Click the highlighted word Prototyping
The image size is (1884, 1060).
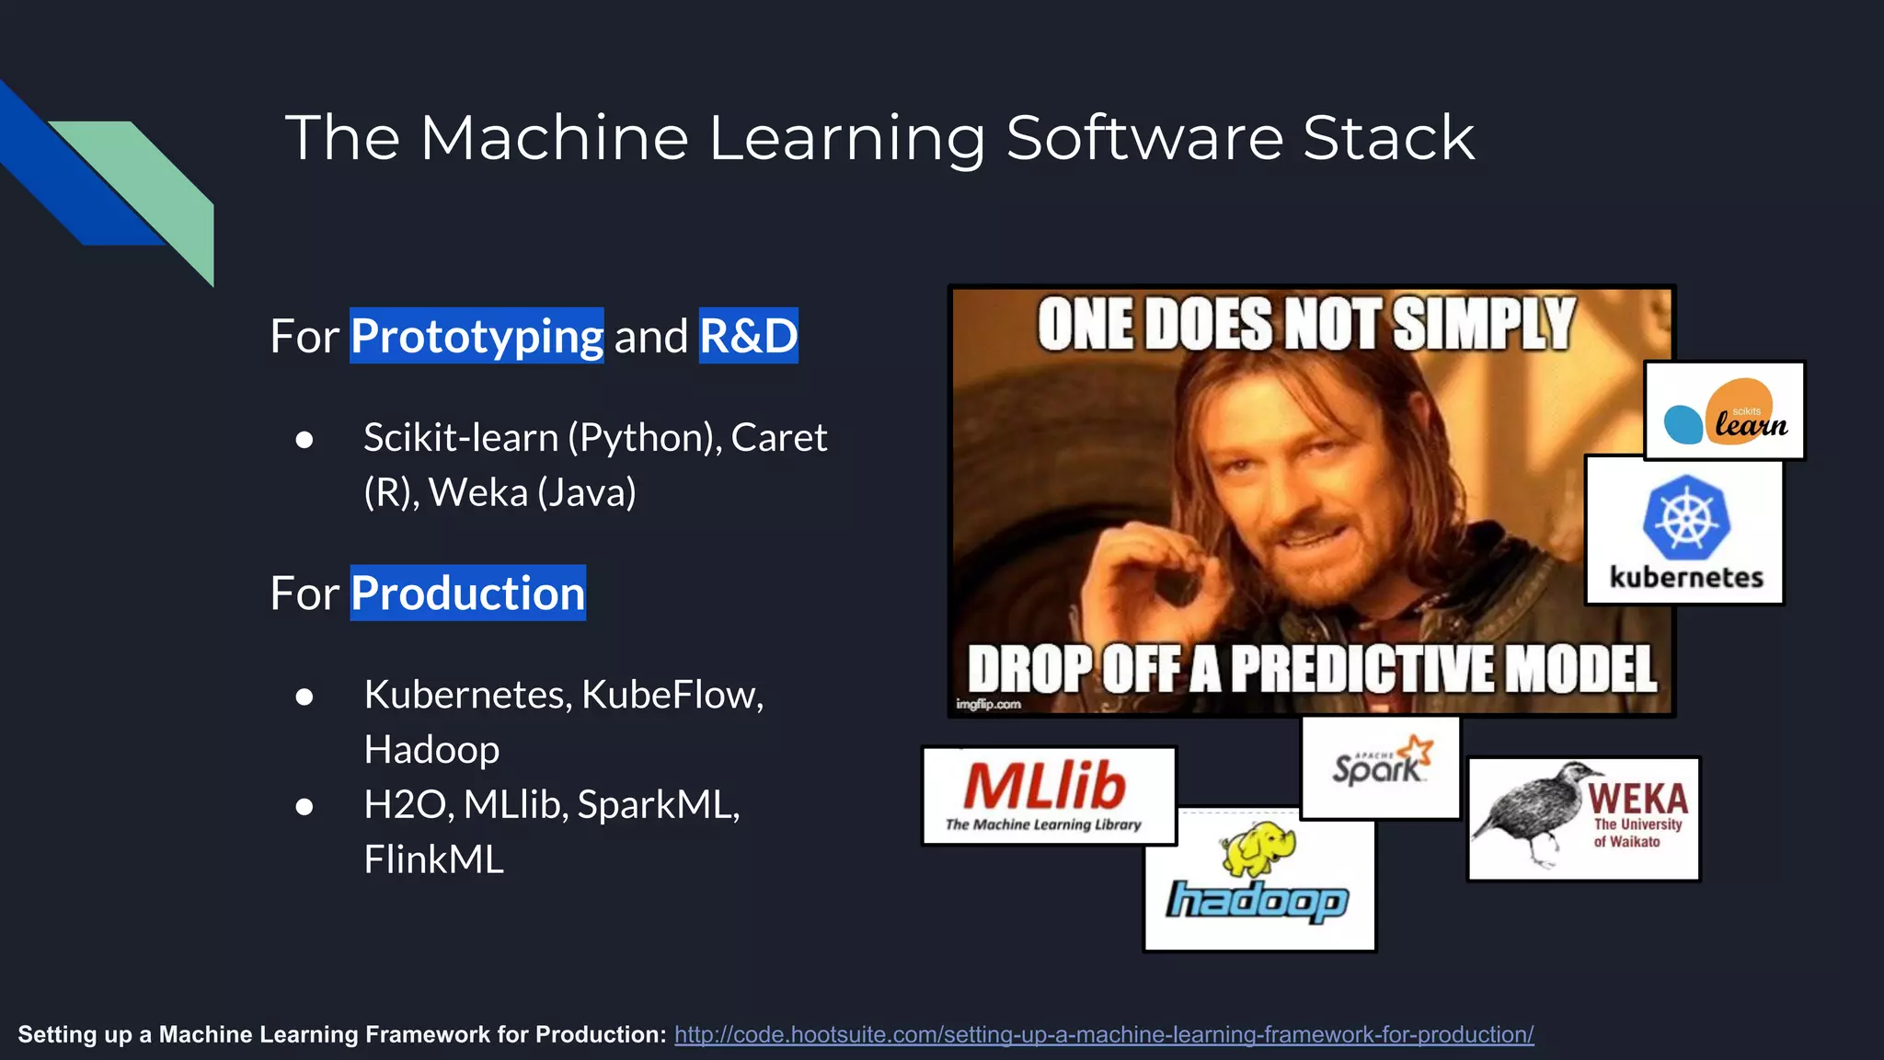pyautogui.click(x=477, y=336)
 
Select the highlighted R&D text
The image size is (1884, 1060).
pyautogui.click(x=748, y=336)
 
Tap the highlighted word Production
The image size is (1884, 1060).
pyautogui.click(x=467, y=593)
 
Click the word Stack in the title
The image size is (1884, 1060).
pyautogui.click(x=1388, y=138)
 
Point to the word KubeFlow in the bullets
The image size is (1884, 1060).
pyautogui.click(x=672, y=695)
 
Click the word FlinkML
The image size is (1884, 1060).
pyautogui.click(x=433, y=859)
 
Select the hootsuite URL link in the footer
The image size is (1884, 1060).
pyautogui.click(x=1103, y=1034)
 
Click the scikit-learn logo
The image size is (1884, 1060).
pyautogui.click(x=1725, y=411)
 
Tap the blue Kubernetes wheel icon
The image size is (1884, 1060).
pyautogui.click(x=1685, y=516)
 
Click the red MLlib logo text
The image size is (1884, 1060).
pyautogui.click(x=1045, y=786)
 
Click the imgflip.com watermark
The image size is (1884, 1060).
pyautogui.click(x=988, y=704)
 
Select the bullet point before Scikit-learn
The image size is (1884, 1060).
pyautogui.click(x=304, y=439)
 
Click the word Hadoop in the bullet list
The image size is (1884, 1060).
pyautogui.click(x=431, y=750)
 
